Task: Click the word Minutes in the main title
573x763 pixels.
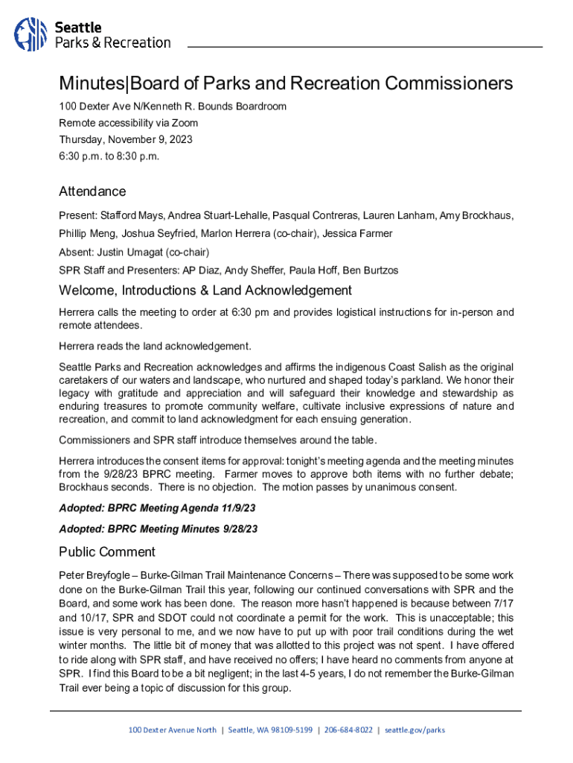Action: pos(95,83)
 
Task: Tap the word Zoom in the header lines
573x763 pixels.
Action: pos(186,123)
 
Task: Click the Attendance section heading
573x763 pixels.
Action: pos(92,191)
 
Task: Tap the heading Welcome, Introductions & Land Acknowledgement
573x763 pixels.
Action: pos(205,290)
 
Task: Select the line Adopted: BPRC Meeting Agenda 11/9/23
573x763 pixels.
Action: pos(158,508)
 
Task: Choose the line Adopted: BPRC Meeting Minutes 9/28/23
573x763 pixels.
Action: pos(158,529)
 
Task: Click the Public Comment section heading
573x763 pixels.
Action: pos(107,552)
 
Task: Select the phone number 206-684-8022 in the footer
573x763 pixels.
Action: pos(348,730)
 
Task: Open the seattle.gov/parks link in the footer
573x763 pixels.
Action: pos(414,730)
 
